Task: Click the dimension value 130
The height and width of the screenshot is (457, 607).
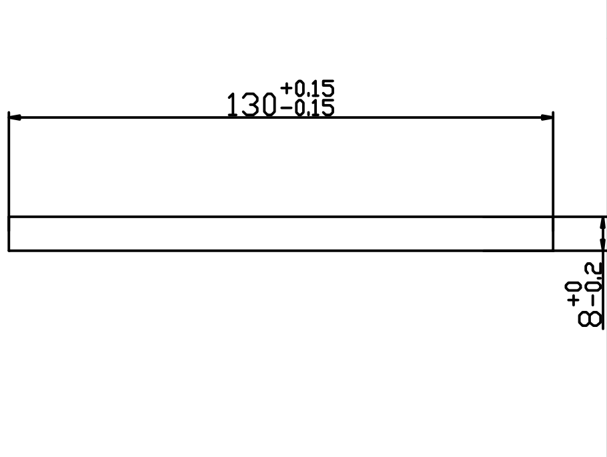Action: [251, 104]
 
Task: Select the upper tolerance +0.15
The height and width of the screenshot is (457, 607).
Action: [308, 88]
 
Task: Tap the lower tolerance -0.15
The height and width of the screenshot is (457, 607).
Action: [308, 108]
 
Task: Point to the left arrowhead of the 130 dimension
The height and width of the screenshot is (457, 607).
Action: [14, 117]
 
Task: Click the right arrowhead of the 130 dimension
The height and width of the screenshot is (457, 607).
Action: [547, 117]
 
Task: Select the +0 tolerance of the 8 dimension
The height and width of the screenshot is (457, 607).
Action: [574, 294]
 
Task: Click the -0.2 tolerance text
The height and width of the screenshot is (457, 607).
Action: [594, 283]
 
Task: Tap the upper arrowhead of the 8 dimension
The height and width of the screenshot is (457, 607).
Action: [602, 223]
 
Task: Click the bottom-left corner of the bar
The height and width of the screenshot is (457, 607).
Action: [9, 251]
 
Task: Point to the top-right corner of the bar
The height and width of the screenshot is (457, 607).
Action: [553, 217]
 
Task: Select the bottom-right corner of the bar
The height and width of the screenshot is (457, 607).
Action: [553, 251]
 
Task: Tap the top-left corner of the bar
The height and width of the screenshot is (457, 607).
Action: [9, 217]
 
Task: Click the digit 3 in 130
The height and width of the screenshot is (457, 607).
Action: [250, 105]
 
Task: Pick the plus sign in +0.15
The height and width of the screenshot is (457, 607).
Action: [287, 88]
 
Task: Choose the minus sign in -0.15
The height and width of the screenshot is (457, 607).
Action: [288, 108]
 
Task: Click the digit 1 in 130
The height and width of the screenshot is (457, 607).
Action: [232, 105]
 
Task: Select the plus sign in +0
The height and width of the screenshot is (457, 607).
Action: [574, 300]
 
